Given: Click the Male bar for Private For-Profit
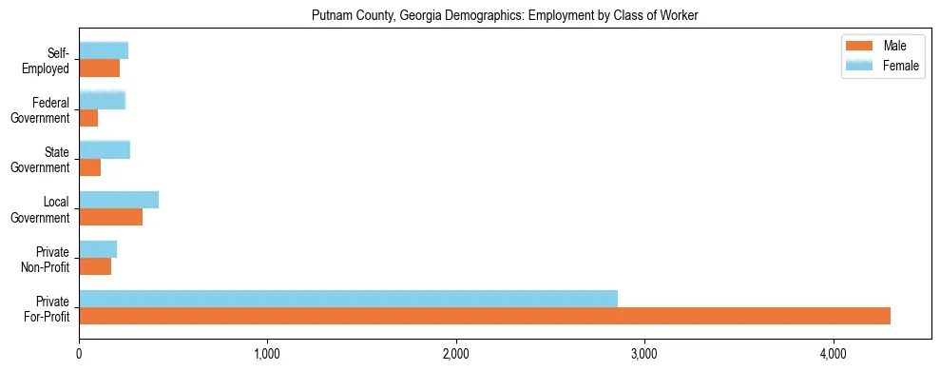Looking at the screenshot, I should pos(485,316).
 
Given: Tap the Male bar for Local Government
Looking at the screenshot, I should pos(110,217).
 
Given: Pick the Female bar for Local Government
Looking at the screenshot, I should pos(119,200).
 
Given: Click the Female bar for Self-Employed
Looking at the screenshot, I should pos(104,50).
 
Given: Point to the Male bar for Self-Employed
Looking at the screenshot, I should pos(99,68).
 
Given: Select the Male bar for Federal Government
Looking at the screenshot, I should pos(88,118).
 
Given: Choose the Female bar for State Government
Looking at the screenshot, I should pos(105,150).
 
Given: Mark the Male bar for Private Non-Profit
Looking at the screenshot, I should pos(95,266).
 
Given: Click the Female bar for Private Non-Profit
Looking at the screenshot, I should pos(98,249).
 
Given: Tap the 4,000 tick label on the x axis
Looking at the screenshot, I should pos(834,354).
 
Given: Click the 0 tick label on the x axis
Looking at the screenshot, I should pos(79,354).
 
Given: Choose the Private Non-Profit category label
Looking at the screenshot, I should pos(48,259).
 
